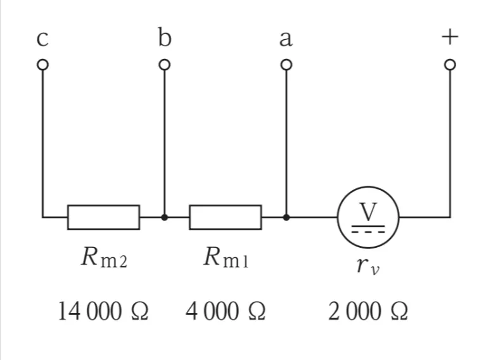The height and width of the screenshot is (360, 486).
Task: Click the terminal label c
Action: click(x=42, y=39)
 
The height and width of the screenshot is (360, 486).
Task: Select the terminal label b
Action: click(x=164, y=37)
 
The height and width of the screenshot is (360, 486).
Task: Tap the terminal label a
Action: click(x=286, y=39)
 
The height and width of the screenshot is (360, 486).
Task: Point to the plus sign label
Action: click(x=450, y=37)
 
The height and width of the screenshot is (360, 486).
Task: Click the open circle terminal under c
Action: click(x=43, y=65)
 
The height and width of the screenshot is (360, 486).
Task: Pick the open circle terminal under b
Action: click(x=165, y=65)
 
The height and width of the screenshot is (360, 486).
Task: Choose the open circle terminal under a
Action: click(x=286, y=65)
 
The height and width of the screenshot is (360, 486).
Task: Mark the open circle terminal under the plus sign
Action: click(x=450, y=65)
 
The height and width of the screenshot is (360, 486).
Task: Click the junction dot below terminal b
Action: click(x=165, y=217)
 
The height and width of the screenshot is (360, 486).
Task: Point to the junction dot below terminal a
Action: click(x=286, y=217)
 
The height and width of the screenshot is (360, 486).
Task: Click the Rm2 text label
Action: click(x=104, y=257)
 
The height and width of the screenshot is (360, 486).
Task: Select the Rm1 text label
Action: click(x=226, y=257)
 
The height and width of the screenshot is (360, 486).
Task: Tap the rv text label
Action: click(x=368, y=266)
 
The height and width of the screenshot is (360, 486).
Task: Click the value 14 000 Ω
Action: click(x=103, y=311)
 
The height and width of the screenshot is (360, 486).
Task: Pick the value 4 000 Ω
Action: click(x=226, y=311)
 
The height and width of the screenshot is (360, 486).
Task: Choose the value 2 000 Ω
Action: click(x=368, y=311)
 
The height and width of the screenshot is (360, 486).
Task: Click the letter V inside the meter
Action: click(x=368, y=212)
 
